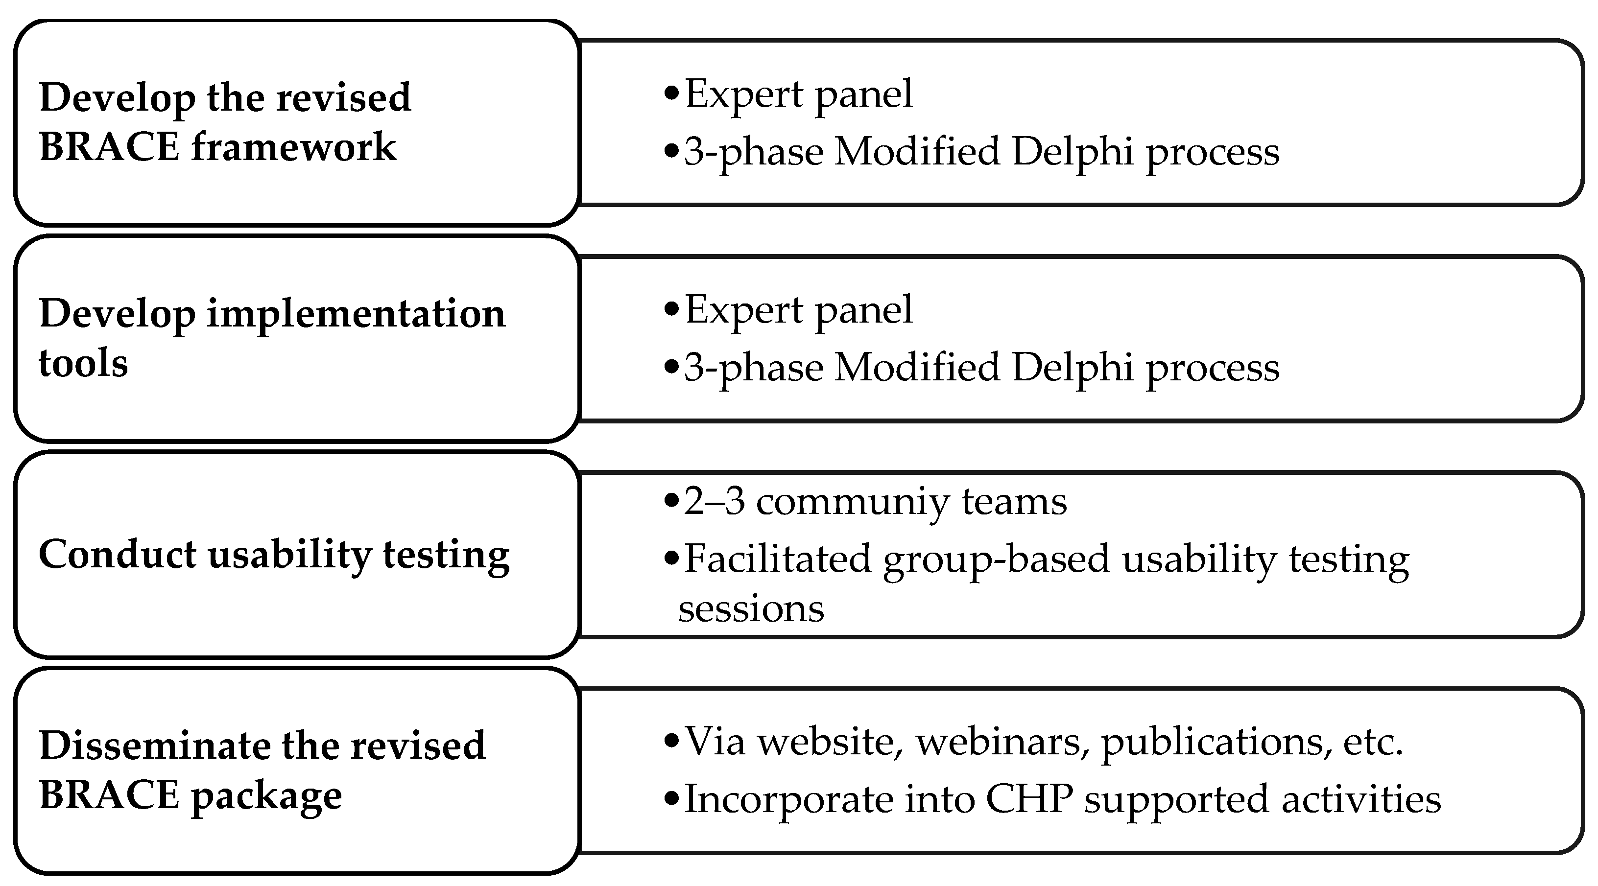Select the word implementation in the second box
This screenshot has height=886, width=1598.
pyautogui.click(x=356, y=314)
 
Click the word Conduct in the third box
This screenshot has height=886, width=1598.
pyautogui.click(x=117, y=554)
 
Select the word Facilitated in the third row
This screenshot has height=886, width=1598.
pyautogui.click(x=777, y=559)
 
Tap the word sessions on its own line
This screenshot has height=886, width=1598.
pyautogui.click(x=751, y=608)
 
